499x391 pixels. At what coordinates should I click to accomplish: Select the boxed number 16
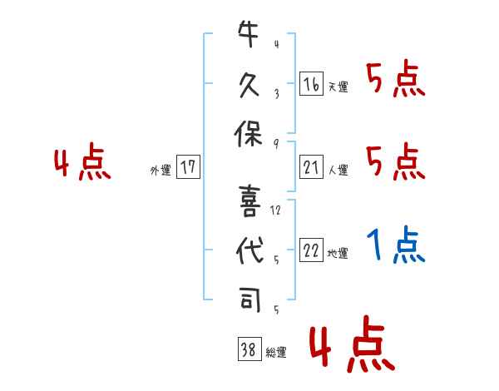point(311,84)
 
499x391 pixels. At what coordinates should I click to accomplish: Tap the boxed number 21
point(311,168)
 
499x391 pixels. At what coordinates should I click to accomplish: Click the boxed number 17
point(188,168)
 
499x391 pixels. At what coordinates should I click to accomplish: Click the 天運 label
point(338,87)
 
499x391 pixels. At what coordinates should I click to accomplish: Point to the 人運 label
point(338,171)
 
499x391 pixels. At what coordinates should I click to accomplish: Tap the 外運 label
point(161,171)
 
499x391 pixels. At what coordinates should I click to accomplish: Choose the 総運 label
point(276,354)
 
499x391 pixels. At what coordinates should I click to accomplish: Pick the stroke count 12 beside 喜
point(275,210)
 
